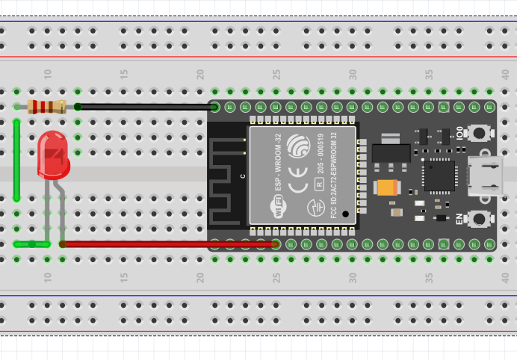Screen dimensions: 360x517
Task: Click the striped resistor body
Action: (x=46, y=107)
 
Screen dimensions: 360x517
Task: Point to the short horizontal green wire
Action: (x=31, y=243)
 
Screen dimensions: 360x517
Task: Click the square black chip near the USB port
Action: (x=439, y=176)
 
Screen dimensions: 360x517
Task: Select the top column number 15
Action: (x=124, y=75)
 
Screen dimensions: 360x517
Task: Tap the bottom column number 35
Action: (x=430, y=277)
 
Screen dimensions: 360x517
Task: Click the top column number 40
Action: (x=506, y=75)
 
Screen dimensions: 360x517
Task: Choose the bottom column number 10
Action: (x=48, y=277)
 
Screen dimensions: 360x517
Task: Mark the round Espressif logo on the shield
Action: (x=299, y=145)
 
